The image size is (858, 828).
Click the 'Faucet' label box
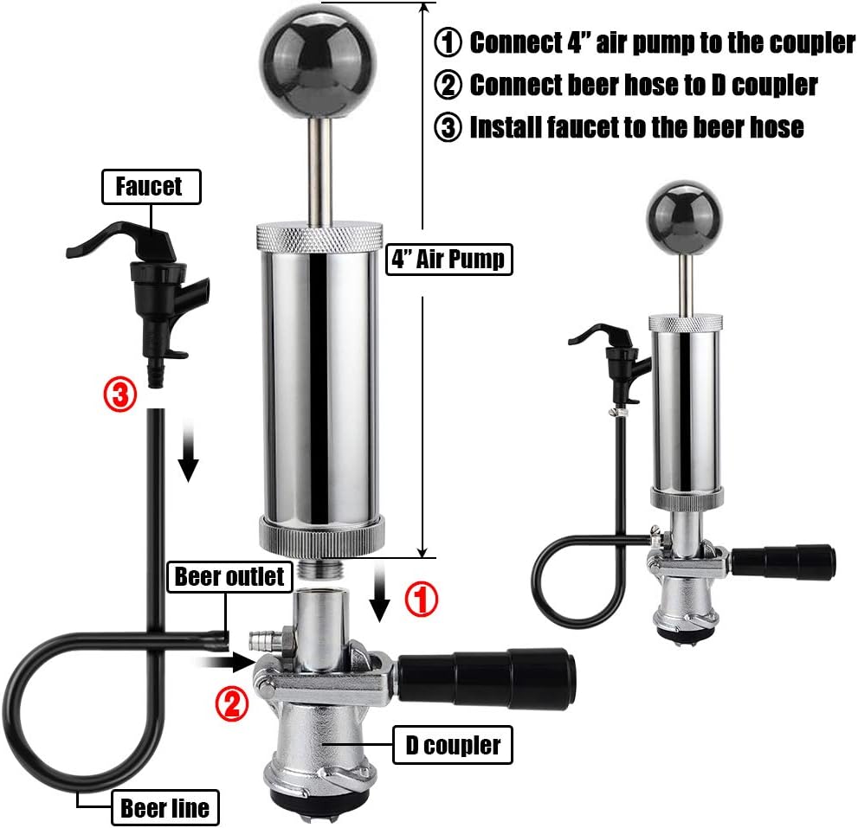click(x=151, y=187)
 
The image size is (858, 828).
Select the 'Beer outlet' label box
click(x=229, y=576)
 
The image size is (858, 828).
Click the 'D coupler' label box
click(x=452, y=745)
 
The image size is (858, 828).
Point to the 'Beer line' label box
click(x=165, y=808)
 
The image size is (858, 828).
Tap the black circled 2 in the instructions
click(x=448, y=85)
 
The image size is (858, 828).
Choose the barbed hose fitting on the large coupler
click(x=260, y=641)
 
